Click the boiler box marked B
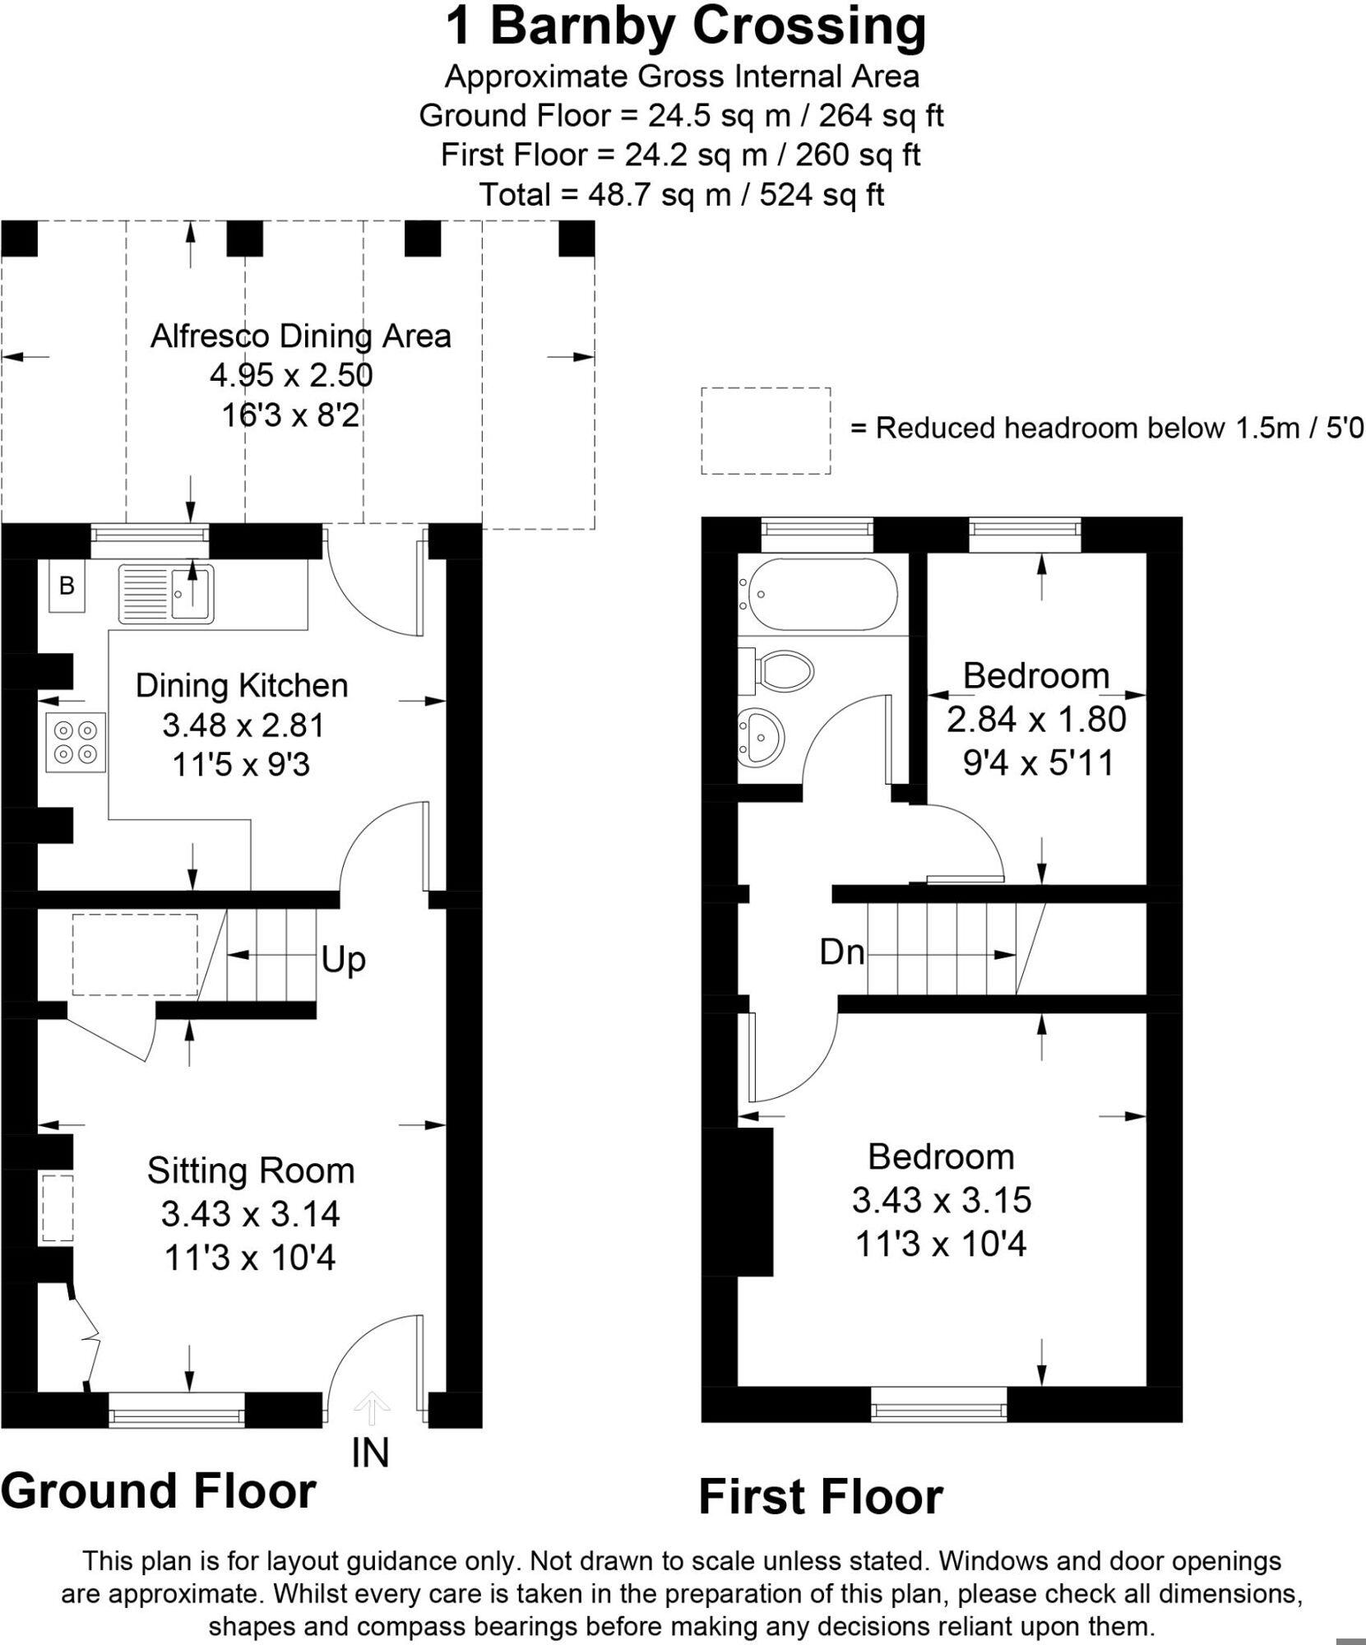tap(67, 586)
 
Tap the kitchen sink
tap(166, 593)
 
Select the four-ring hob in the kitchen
tap(76, 742)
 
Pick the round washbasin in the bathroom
tap(761, 732)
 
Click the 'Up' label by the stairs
tap(343, 959)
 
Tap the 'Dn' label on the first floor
tap(841, 952)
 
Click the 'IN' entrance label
tap(370, 1453)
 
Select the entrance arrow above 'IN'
tap(372, 1408)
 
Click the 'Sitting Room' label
tap(251, 1171)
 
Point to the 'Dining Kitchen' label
tap(242, 686)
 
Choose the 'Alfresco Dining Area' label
tap(301, 336)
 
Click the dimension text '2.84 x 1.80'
tap(1036, 720)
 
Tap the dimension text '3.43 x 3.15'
tap(942, 1200)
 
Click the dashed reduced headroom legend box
tap(766, 431)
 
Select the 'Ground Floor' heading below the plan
tap(159, 1491)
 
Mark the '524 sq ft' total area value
tap(822, 195)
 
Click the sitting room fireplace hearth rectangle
tap(58, 1208)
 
